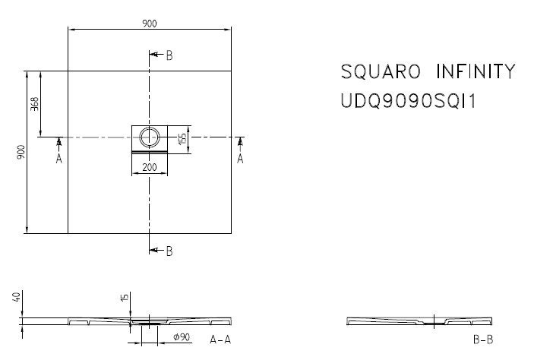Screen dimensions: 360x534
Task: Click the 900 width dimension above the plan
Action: (x=150, y=24)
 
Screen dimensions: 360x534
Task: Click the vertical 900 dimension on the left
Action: (x=21, y=152)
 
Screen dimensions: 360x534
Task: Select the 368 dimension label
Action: (x=34, y=105)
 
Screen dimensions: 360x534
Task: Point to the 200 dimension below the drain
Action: (x=150, y=167)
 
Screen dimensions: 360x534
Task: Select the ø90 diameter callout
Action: (x=182, y=336)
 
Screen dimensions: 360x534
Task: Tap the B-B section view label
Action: (x=482, y=339)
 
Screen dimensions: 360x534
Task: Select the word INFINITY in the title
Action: (x=476, y=72)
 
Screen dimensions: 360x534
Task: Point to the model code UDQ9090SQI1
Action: (x=408, y=101)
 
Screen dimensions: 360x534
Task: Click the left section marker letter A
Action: (x=58, y=159)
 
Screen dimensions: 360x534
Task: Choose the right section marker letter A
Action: (x=240, y=159)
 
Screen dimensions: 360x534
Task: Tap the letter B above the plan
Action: (x=169, y=55)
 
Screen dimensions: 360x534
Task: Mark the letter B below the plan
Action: (x=169, y=251)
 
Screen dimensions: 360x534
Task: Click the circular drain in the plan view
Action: (x=150, y=137)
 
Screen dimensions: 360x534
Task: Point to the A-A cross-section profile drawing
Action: (x=149, y=321)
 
